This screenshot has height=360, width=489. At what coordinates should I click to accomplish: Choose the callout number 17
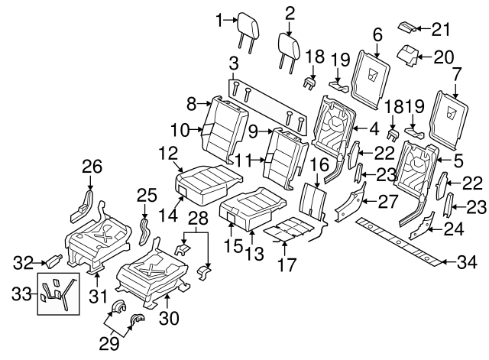point(284,264)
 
